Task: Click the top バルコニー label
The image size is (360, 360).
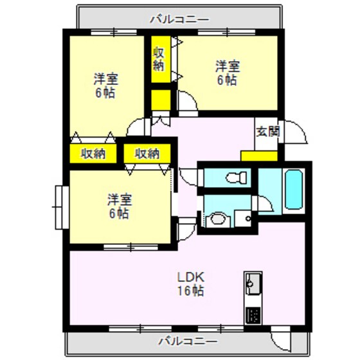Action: [x=179, y=19]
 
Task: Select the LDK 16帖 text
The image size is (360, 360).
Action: [x=191, y=285]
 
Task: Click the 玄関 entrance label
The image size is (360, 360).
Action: [x=267, y=132]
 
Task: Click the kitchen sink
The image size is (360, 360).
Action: [x=253, y=283]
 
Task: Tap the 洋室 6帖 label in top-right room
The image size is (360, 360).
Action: [x=227, y=72]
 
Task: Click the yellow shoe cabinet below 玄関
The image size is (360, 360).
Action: [x=259, y=156]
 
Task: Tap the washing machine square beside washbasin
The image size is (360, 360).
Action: [x=243, y=219]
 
